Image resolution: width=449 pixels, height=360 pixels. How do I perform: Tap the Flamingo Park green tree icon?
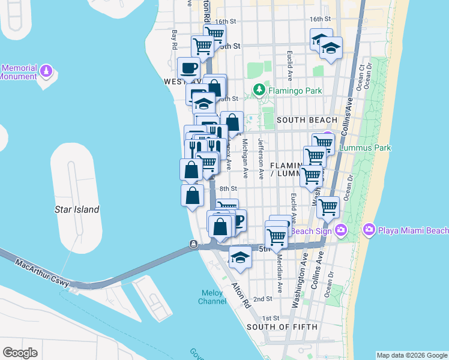[x=259, y=91]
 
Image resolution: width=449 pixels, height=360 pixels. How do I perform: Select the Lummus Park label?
[x=365, y=148]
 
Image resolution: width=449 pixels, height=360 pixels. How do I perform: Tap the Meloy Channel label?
[x=212, y=296]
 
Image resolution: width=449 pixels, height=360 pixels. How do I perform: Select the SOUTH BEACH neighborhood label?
[x=307, y=120]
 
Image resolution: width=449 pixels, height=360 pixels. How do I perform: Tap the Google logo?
[x=20, y=353]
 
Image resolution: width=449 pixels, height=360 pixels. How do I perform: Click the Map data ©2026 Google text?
[x=411, y=355]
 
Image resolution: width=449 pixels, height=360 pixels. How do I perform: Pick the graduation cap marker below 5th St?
[x=240, y=257]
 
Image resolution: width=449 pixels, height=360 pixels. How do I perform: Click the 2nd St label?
[x=262, y=298]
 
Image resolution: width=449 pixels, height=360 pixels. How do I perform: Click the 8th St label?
[x=229, y=188]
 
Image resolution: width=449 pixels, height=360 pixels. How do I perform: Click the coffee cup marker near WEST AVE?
[x=188, y=68]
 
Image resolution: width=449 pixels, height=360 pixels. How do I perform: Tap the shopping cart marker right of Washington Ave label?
[x=328, y=208]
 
